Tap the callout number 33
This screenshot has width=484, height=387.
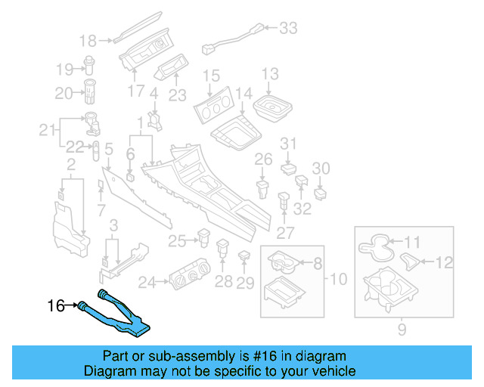pos(288,29)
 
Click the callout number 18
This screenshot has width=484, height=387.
pos(88,40)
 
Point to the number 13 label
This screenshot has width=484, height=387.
pos(270,74)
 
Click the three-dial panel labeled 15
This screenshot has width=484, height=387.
pos(216,112)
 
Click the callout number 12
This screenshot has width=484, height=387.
pos(444,262)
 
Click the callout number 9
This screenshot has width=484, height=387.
pos(402,329)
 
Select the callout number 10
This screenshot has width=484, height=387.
pos(337,280)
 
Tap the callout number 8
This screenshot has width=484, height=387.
pos(317,263)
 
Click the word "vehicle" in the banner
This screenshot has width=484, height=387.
pos(328,371)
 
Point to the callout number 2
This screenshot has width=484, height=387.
pos(70,165)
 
